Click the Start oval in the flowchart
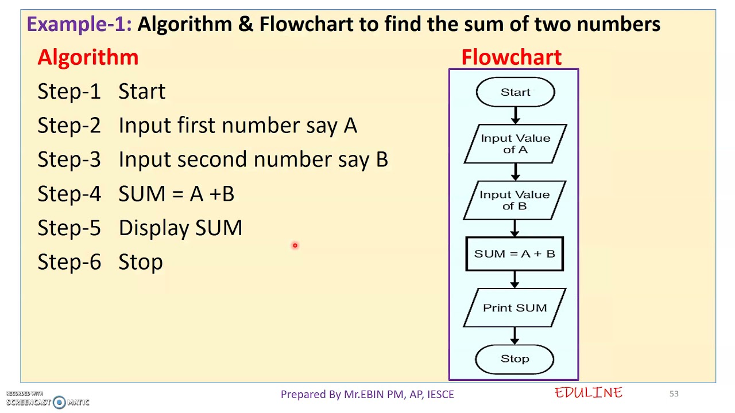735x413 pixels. pyautogui.click(x=515, y=92)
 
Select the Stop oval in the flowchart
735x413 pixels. pyautogui.click(x=514, y=359)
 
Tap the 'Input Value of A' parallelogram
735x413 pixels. pyautogui.click(x=515, y=144)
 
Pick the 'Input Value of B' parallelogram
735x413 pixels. pyautogui.click(x=514, y=200)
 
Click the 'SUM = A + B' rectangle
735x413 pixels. pyautogui.click(x=514, y=254)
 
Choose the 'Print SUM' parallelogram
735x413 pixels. pyautogui.click(x=514, y=308)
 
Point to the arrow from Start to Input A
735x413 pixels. pyautogui.click(x=515, y=115)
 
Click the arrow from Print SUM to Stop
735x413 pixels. pyautogui.click(x=514, y=336)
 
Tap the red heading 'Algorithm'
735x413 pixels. pyautogui.click(x=88, y=57)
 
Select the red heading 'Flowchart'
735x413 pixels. pyautogui.click(x=511, y=57)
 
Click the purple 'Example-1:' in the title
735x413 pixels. pyautogui.click(x=79, y=24)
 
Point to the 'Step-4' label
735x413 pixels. pyautogui.click(x=69, y=194)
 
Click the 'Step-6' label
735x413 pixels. pyautogui.click(x=69, y=262)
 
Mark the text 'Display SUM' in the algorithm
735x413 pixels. pyautogui.click(x=180, y=228)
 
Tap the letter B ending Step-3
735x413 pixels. pyautogui.click(x=382, y=159)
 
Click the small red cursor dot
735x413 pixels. pyautogui.click(x=295, y=246)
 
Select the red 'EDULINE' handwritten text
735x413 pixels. pyautogui.click(x=589, y=393)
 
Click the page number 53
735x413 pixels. pyautogui.click(x=674, y=393)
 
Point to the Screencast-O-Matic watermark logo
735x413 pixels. pyautogui.click(x=59, y=402)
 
